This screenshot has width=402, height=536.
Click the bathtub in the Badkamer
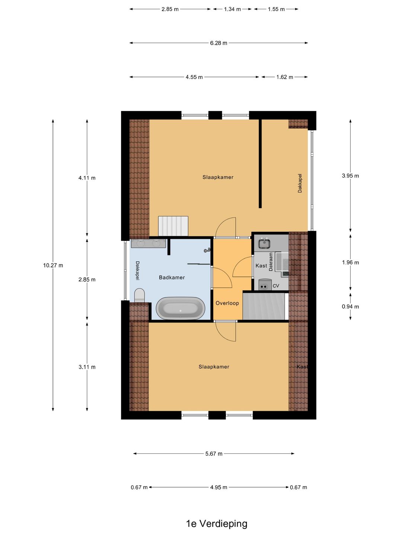pos(181,308)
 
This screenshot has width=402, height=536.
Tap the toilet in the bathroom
pos(140,295)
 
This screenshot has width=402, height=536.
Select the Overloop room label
pos(227,303)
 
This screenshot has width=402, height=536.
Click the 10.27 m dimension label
pos(53,265)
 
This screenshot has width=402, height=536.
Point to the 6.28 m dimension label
pos(218,43)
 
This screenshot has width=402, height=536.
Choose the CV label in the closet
pos(276,286)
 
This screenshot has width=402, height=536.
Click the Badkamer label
pos(172,277)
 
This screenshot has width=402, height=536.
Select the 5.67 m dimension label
pos(214,454)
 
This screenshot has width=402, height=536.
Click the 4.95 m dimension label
pos(218,487)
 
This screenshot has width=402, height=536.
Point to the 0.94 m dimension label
pos(350,307)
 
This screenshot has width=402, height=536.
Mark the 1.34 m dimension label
pos(232,9)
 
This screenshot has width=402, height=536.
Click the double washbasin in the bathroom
pos(149,243)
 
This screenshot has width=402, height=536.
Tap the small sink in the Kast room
pos(265,243)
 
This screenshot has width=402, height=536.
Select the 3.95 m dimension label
pos(350,176)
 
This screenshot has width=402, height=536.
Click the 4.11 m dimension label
pos(87,178)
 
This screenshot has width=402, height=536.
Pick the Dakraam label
pos(271,262)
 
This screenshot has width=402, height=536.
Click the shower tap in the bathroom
pos(207,250)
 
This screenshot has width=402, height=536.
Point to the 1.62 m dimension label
pos(285,77)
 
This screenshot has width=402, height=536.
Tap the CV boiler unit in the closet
pos(265,284)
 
